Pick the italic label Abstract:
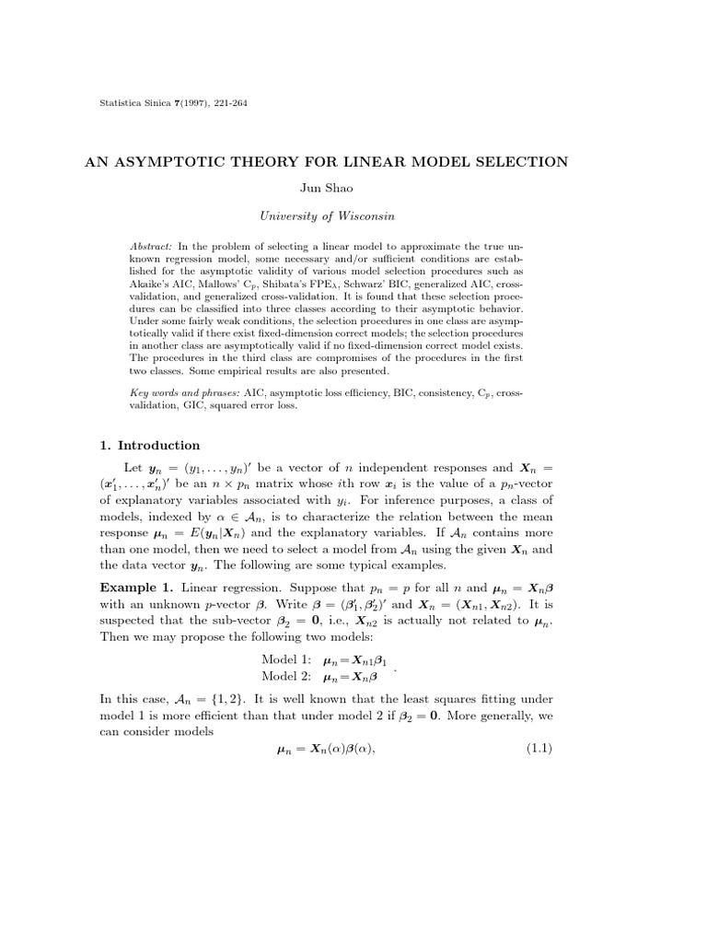pyautogui.click(x=152, y=247)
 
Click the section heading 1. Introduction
pyautogui.click(x=149, y=446)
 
